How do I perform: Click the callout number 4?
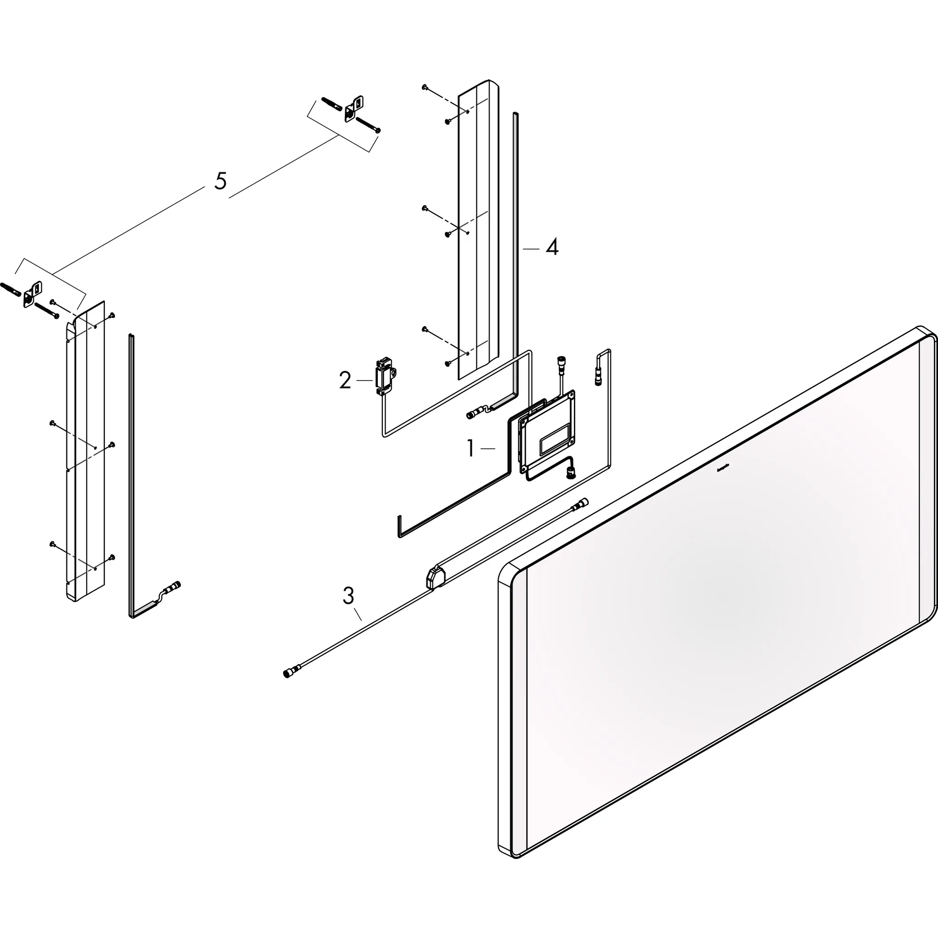[551, 248]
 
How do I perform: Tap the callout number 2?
[345, 381]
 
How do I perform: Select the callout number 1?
[470, 448]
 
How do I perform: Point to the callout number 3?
[348, 596]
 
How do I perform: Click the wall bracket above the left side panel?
[32, 294]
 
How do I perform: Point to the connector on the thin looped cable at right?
[598, 377]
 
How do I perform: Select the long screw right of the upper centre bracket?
[369, 124]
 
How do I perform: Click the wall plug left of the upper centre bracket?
[332, 104]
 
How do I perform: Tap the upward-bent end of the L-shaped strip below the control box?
[399, 526]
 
